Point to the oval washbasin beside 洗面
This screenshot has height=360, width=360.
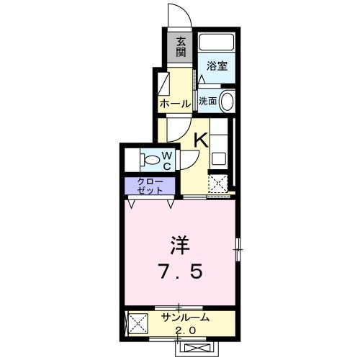(228, 102)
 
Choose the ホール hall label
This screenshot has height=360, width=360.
(174, 104)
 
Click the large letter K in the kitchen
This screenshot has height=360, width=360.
(201, 140)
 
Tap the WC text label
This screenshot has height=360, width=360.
(166, 160)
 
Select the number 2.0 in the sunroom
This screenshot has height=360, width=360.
(185, 330)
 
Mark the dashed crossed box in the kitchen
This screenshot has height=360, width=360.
(219, 184)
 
